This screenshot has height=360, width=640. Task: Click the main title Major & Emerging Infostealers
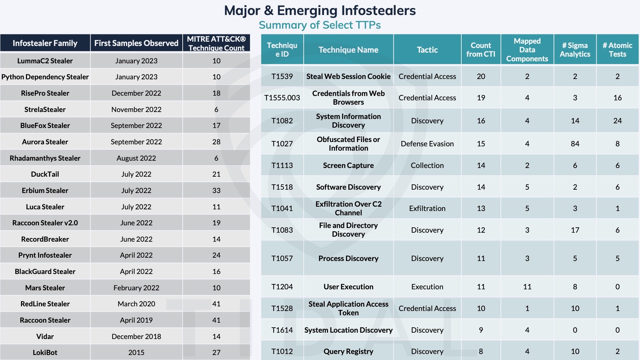click(320, 11)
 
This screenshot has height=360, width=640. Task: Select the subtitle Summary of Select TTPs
click(320, 25)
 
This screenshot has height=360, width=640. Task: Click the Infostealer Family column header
click(45, 43)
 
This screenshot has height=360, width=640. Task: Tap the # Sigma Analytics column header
click(575, 50)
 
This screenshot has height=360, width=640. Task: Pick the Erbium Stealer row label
click(45, 190)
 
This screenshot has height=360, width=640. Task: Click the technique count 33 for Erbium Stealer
click(216, 190)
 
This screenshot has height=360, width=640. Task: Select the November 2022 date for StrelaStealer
click(136, 109)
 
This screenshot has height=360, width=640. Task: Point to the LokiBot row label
click(45, 352)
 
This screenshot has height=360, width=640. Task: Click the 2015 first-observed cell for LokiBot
click(136, 352)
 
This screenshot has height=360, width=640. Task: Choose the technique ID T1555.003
click(282, 98)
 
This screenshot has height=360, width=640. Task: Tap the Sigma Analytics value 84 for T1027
click(575, 144)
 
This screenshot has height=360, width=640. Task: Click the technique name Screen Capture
click(348, 165)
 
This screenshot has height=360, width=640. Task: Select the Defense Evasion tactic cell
click(427, 144)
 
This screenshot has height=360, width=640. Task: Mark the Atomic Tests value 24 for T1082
click(617, 121)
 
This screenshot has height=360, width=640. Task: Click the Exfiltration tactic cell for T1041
click(427, 208)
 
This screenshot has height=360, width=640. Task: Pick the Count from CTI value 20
click(481, 76)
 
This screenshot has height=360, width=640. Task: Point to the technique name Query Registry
click(348, 351)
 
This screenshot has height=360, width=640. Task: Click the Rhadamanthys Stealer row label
click(45, 158)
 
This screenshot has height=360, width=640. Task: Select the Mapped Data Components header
click(527, 50)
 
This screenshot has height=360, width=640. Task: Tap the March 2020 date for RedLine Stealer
click(136, 304)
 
